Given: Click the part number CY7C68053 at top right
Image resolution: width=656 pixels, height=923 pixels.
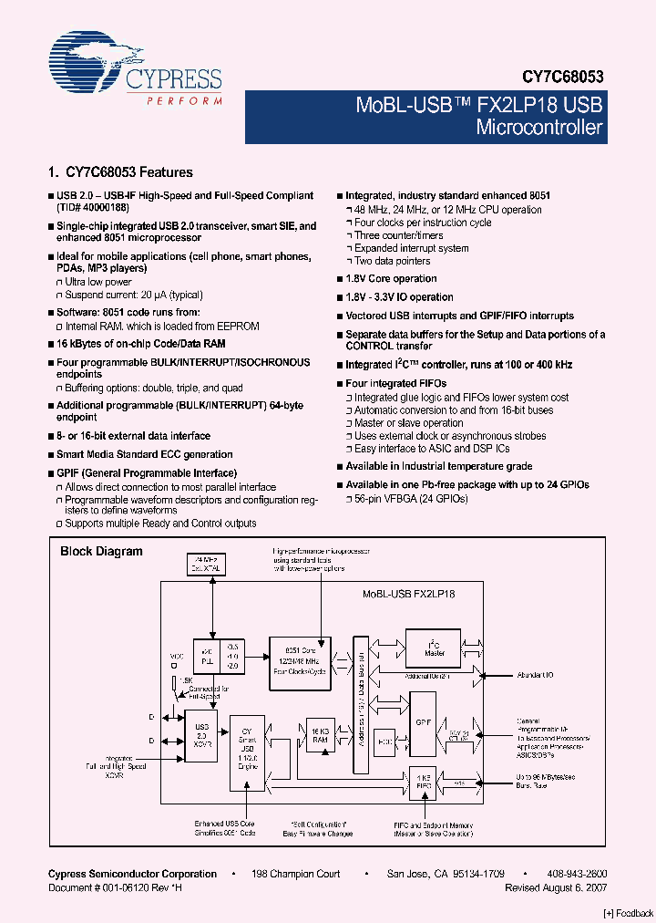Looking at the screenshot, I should click(563, 78).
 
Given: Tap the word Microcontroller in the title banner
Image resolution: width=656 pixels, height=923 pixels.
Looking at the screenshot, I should click(539, 127).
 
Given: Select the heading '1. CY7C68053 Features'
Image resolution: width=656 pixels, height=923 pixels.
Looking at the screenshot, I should click(119, 171).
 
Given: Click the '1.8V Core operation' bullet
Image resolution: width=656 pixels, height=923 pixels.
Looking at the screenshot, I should click(391, 279).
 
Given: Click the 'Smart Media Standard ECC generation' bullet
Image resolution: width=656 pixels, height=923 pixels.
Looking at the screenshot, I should click(144, 454).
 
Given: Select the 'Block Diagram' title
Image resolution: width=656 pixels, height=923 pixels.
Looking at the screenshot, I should click(101, 551).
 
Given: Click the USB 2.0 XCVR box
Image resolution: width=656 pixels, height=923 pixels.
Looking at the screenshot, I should click(200, 733).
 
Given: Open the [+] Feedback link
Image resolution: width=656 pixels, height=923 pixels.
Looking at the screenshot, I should click(629, 913).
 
